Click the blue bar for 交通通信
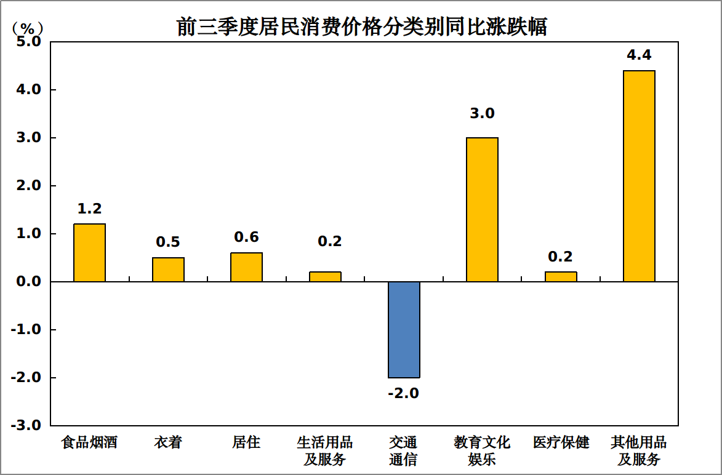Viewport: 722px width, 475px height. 404,329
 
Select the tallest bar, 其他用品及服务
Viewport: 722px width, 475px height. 639,176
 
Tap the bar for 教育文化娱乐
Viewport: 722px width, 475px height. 482,209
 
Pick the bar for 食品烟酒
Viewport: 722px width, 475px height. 90,252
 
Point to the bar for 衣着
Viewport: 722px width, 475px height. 168,269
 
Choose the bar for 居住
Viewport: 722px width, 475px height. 246,267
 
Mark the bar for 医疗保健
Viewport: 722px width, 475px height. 561,276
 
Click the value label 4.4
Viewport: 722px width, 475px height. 639,55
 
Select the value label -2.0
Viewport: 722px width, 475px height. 404,393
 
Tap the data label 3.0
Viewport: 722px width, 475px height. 482,114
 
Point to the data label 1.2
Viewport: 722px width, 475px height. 90,209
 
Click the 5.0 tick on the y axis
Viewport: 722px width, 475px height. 28,42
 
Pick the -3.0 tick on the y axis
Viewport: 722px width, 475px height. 26,425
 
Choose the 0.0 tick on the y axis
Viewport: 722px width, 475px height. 28,281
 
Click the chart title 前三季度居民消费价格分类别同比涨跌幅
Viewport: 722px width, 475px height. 362,26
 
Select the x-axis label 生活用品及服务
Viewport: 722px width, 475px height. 325,450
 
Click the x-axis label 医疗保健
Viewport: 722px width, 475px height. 561,442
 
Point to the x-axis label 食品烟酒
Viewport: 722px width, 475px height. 90,442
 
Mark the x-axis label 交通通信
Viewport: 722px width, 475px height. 404,450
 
